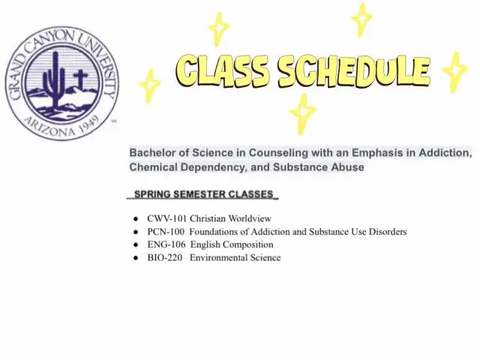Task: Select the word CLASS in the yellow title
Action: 222,70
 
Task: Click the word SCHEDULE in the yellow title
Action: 354,72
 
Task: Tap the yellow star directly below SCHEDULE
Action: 302,113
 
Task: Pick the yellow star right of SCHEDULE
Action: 455,72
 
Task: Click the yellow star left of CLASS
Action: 149,85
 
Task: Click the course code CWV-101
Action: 166,218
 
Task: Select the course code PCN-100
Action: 166,232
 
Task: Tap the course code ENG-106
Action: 166,244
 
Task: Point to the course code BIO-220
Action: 165,258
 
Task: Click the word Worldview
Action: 250,218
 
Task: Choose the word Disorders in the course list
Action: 388,232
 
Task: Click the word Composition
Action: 248,244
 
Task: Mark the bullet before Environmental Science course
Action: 136,258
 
